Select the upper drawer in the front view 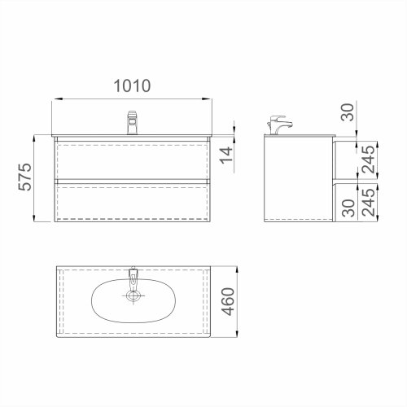(x=133, y=159)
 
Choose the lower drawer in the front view (x=133, y=200)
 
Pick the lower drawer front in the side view (x=339, y=200)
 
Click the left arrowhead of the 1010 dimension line (x=55, y=101)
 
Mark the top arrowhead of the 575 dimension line (x=34, y=137)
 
